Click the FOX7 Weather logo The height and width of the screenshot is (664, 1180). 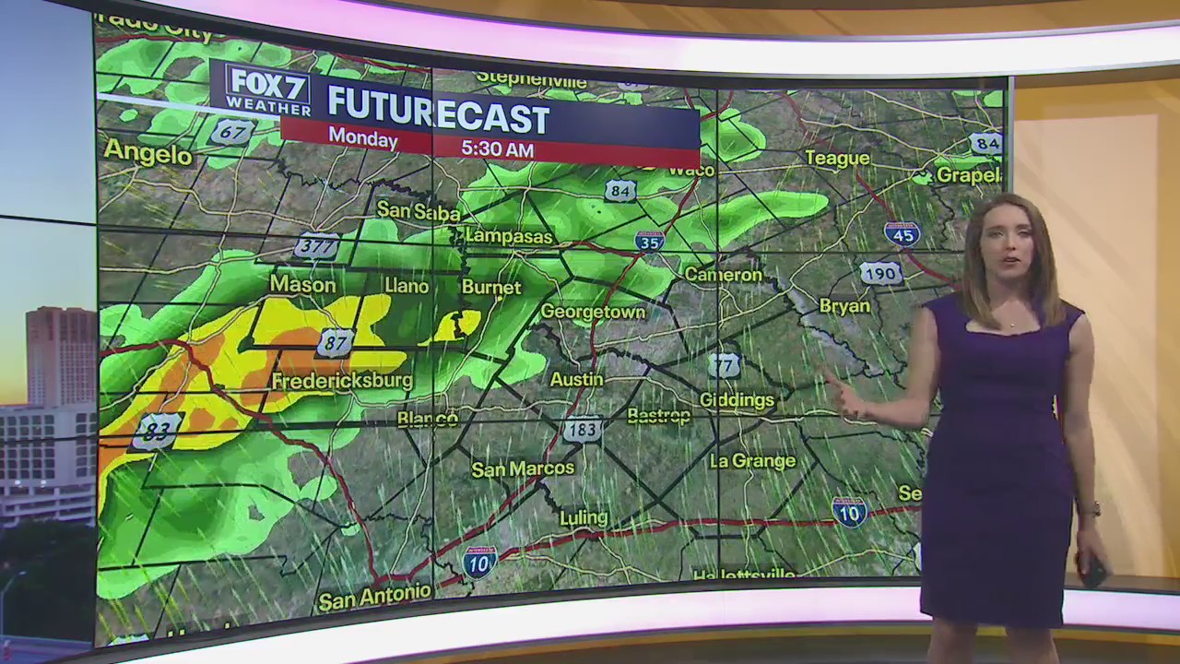(x=267, y=89)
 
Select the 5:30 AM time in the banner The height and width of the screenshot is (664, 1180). (x=496, y=148)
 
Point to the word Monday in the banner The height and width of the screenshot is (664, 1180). (x=363, y=138)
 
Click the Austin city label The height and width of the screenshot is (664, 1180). (x=576, y=379)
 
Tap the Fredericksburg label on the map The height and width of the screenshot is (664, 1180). (x=342, y=380)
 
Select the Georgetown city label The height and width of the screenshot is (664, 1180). (x=593, y=312)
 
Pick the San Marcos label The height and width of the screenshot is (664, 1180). (x=523, y=468)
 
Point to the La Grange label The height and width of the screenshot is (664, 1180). (x=751, y=460)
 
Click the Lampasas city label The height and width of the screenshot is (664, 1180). (x=509, y=236)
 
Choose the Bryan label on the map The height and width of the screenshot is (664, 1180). (x=844, y=306)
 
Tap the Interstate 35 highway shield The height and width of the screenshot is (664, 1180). (x=650, y=241)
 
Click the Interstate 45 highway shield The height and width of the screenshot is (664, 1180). (x=902, y=233)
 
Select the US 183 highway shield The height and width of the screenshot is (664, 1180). (x=582, y=430)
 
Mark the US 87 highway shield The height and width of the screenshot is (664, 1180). (x=335, y=343)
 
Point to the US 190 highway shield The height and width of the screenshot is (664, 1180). (x=880, y=273)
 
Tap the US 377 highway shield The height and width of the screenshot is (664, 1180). (x=316, y=246)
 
